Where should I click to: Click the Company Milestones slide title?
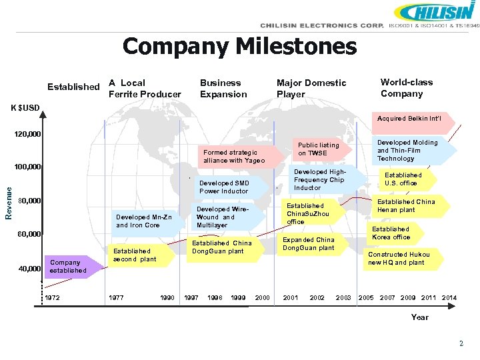pyautogui.click(x=240, y=47)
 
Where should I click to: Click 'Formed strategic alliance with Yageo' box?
pyautogui.click(x=234, y=157)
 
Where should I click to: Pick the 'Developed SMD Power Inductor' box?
pyautogui.click(x=225, y=187)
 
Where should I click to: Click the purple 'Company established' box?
pyautogui.click(x=68, y=266)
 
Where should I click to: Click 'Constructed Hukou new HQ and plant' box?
pyautogui.click(x=399, y=259)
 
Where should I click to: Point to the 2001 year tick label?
pyautogui.click(x=291, y=297)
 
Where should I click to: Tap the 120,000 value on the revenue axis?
pyautogui.click(x=28, y=135)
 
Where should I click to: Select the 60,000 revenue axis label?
pyautogui.click(x=29, y=234)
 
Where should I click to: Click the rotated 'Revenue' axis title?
pyautogui.click(x=8, y=201)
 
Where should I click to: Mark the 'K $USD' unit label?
pyautogui.click(x=25, y=107)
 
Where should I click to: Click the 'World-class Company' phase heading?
pyautogui.click(x=406, y=88)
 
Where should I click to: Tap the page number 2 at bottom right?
pyautogui.click(x=461, y=343)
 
